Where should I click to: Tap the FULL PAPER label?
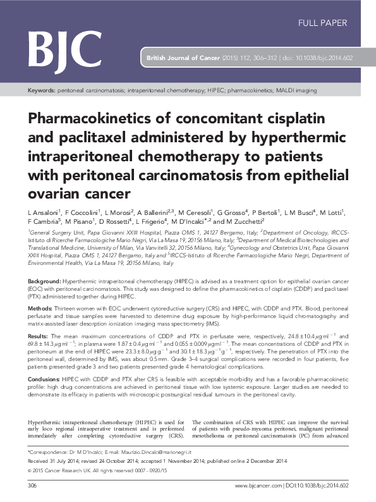(x=322, y=23)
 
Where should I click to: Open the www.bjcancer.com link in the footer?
(x=255, y=485)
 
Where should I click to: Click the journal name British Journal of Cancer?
(x=183, y=58)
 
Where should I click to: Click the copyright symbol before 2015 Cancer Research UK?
(x=30, y=471)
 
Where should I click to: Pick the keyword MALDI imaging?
(x=296, y=91)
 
